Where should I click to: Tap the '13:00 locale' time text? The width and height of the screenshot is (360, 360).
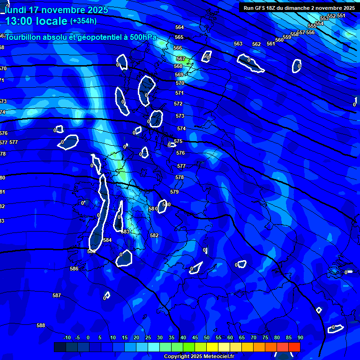point(36,21)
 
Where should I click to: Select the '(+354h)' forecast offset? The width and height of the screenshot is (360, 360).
point(83,21)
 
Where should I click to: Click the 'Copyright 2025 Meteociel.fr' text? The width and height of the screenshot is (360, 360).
point(199,357)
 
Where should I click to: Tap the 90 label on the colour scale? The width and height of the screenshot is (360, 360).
point(300,337)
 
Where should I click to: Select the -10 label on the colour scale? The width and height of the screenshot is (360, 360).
point(66,337)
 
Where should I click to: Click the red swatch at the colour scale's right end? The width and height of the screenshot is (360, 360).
point(294,347)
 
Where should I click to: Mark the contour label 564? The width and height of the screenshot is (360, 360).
point(180,28)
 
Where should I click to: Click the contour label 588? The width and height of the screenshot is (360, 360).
point(41,325)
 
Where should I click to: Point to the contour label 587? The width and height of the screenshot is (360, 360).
point(57,295)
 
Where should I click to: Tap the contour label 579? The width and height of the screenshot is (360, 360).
point(174,192)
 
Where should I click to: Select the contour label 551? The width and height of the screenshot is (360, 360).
point(341,15)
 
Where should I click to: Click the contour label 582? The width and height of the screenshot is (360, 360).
point(154,235)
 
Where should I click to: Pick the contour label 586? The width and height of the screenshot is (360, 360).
point(74,269)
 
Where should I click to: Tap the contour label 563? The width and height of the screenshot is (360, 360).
point(238,44)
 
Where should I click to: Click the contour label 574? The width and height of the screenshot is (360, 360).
point(181,128)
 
